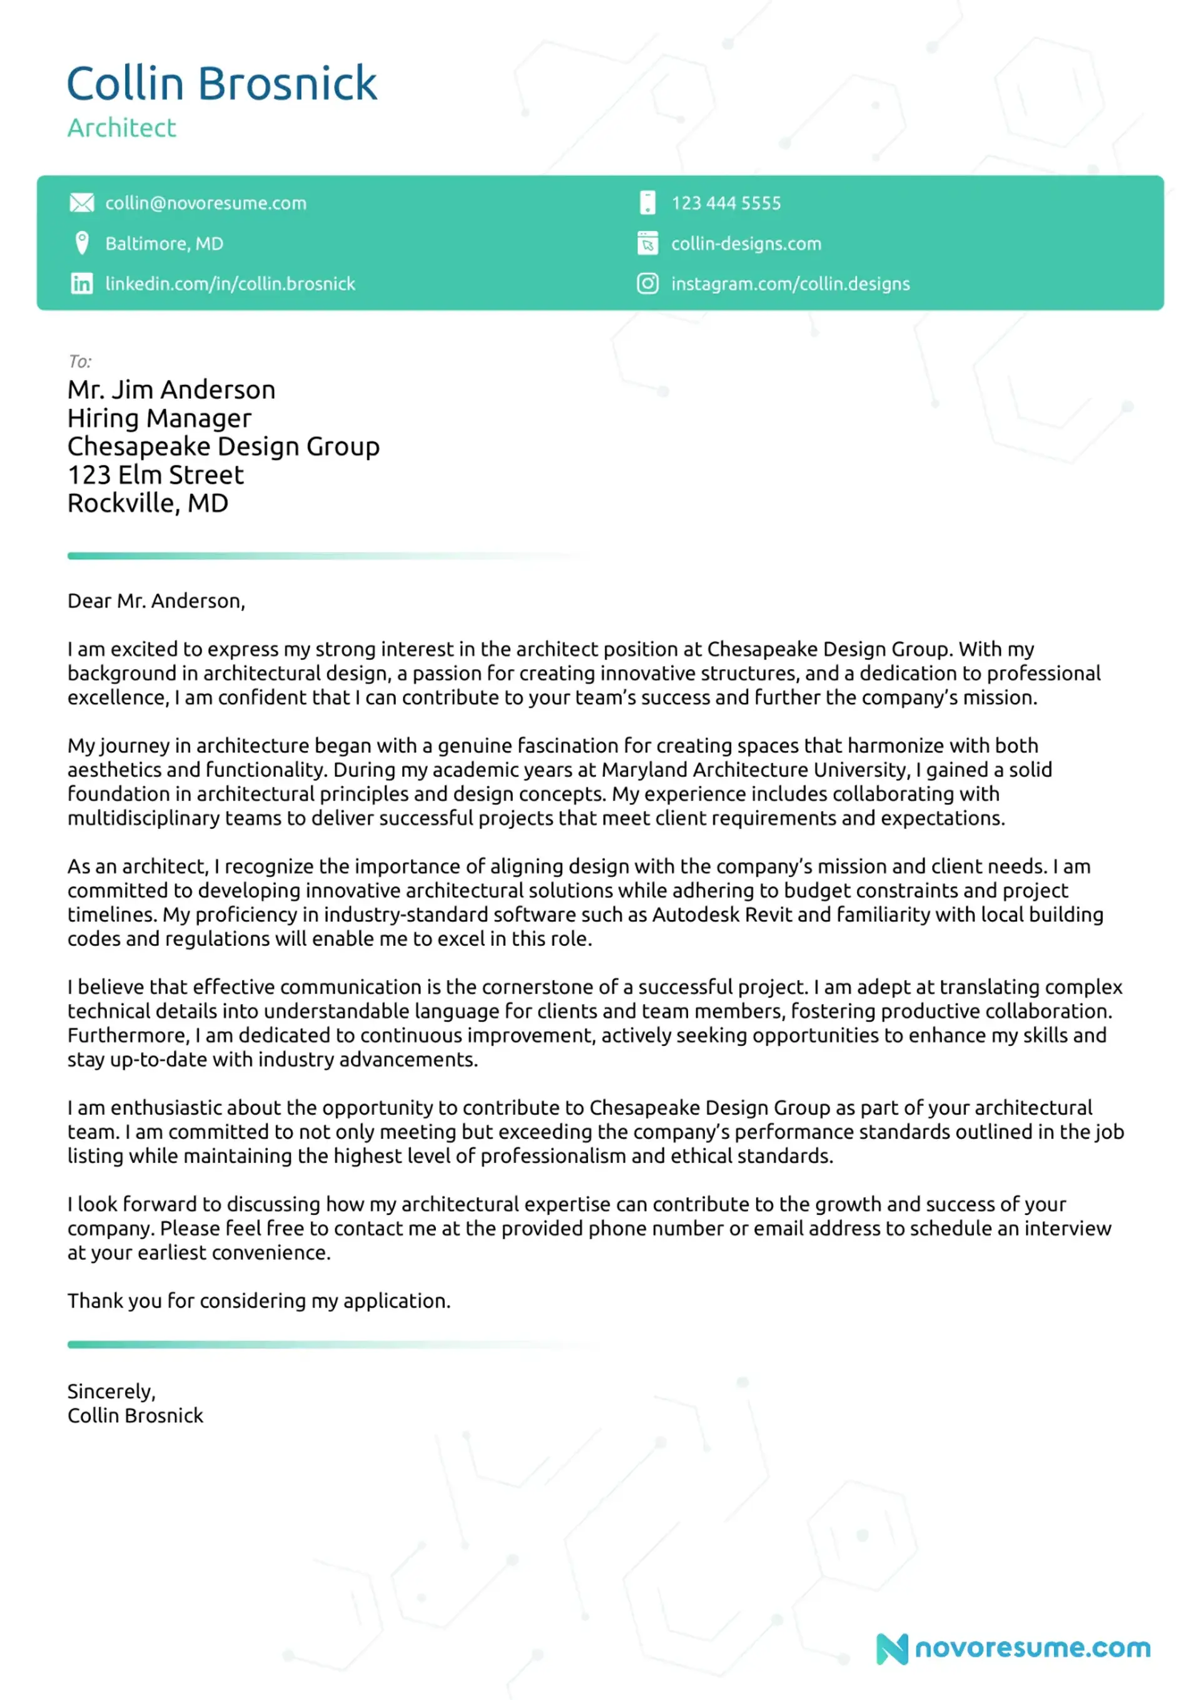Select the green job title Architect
point(121,128)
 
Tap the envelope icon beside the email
point(81,203)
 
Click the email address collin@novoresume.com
point(205,203)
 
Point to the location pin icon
point(81,243)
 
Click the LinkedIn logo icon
point(81,284)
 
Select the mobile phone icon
point(647,203)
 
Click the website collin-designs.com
point(745,243)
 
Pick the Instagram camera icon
point(647,284)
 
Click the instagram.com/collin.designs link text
point(789,284)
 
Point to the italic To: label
point(79,361)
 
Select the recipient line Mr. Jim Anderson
point(171,389)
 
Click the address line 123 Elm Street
point(155,474)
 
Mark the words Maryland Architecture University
point(754,769)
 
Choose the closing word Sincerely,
point(111,1391)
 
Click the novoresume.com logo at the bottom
point(1013,1647)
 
